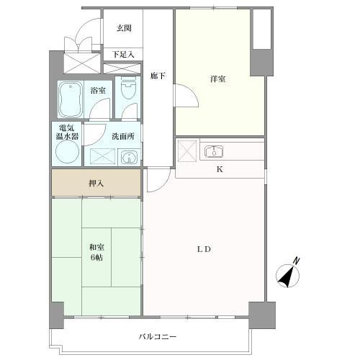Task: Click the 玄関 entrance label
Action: (124, 28)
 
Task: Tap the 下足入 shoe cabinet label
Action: (123, 55)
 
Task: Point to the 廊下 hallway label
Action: (158, 76)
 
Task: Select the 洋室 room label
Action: (217, 79)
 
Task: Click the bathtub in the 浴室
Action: (71, 99)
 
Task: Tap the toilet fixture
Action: (128, 88)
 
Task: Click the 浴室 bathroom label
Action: (98, 91)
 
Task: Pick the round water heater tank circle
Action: (67, 151)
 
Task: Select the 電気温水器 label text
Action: (67, 132)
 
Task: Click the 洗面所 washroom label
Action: (123, 136)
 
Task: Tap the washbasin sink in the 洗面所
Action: (129, 158)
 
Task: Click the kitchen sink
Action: (214, 152)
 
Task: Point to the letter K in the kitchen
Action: (220, 169)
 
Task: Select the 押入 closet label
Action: (96, 184)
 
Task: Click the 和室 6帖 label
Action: (96, 252)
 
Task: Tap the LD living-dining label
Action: (204, 249)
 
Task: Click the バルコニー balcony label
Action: (158, 337)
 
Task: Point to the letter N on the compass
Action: (297, 261)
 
